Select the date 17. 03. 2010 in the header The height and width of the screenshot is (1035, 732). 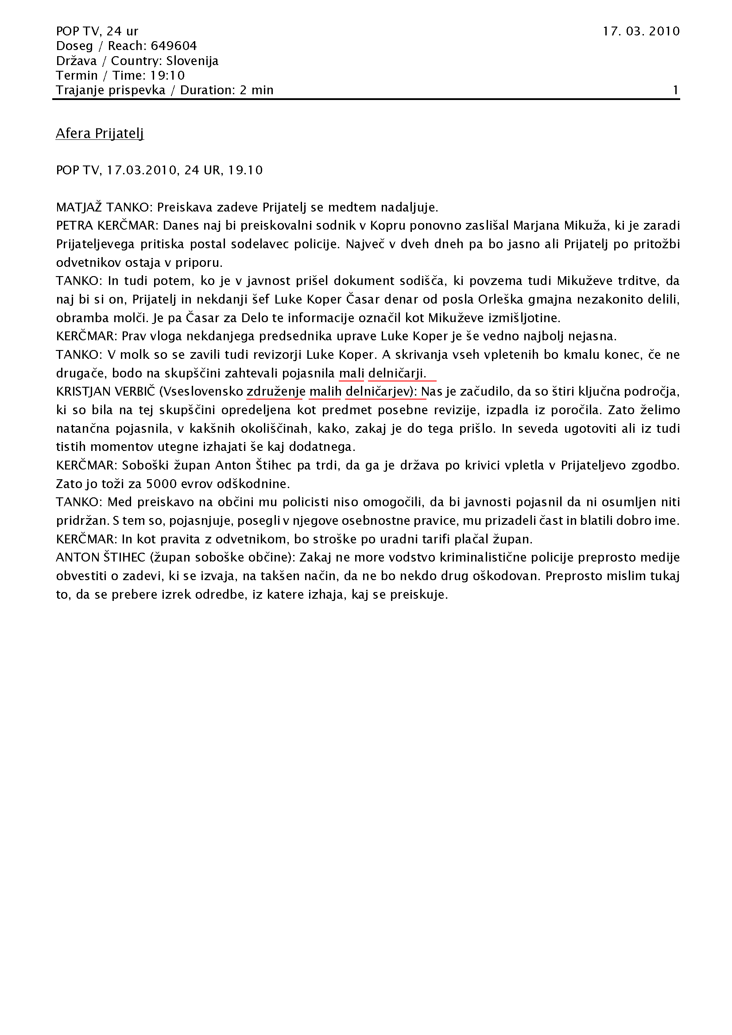tap(641, 31)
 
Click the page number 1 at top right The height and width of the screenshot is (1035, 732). tap(676, 90)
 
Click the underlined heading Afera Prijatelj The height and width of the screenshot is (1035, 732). tap(99, 134)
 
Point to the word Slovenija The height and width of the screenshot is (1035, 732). tap(192, 61)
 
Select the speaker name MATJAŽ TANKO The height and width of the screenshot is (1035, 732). tap(103, 208)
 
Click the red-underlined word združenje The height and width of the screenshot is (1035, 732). tap(276, 392)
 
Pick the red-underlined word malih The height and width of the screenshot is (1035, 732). tap(325, 392)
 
